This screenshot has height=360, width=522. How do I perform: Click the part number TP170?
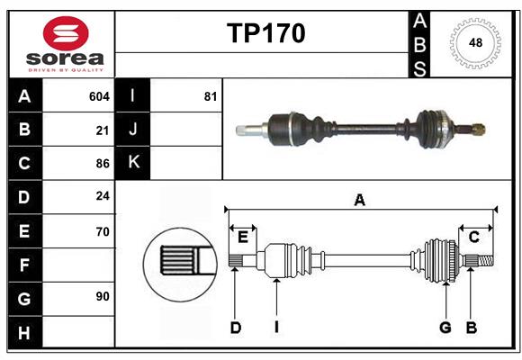(x=265, y=33)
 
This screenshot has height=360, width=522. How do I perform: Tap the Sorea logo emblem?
(x=66, y=36)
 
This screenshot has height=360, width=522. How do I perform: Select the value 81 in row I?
(x=210, y=96)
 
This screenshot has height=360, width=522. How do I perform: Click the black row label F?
(x=24, y=265)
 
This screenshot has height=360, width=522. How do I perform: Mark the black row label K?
(x=132, y=164)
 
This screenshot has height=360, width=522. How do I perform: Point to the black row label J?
(x=132, y=130)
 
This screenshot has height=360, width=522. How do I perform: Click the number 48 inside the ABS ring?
(x=473, y=42)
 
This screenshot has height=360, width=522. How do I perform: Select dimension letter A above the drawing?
(x=359, y=200)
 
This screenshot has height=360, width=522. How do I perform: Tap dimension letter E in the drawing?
(x=242, y=237)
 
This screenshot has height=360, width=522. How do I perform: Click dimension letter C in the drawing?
(x=473, y=237)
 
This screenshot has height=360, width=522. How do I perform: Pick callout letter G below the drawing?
(x=445, y=328)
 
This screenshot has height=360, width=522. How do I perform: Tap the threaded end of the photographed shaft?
(x=476, y=130)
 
